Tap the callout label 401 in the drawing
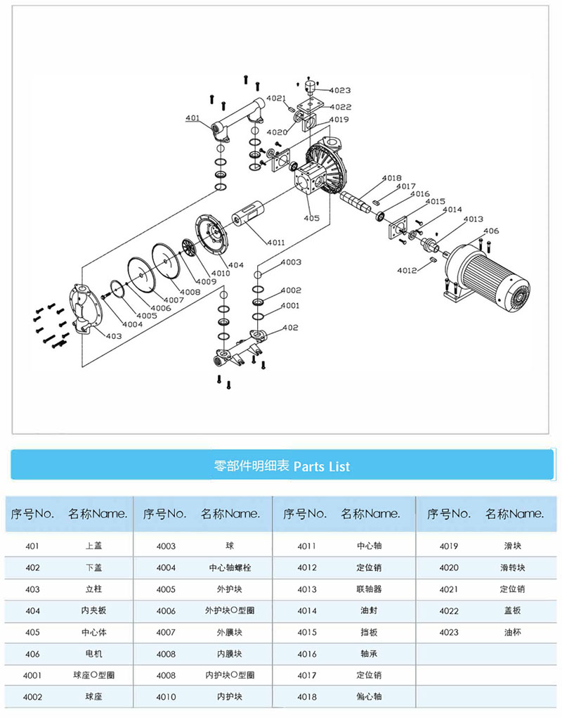coord(193,118)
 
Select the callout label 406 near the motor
coord(491,231)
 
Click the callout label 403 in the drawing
coord(114,336)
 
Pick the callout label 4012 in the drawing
coord(407,270)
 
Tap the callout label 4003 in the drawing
coord(291,262)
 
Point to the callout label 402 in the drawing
coord(290,328)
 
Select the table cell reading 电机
coord(92,654)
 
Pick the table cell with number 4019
coord(449,546)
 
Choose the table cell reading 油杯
coord(512,632)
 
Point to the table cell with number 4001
coord(32,675)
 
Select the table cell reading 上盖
coord(92,546)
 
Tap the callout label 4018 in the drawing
coord(392,178)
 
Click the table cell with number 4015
coord(307,632)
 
